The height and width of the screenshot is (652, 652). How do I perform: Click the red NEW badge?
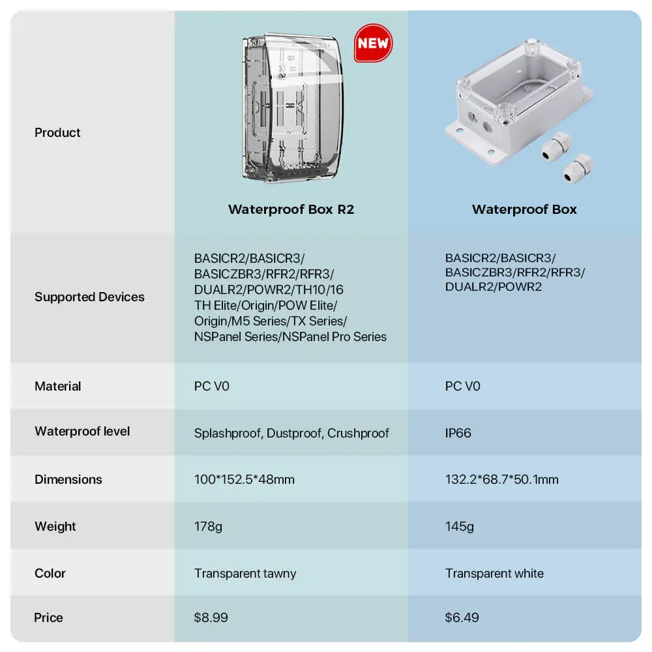pyautogui.click(x=373, y=43)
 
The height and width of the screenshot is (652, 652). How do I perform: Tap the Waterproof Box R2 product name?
pyautogui.click(x=291, y=209)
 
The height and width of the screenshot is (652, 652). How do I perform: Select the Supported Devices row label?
pyautogui.click(x=89, y=297)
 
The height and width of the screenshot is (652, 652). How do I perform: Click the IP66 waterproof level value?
pyautogui.click(x=458, y=434)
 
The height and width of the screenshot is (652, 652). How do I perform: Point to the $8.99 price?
pyautogui.click(x=211, y=617)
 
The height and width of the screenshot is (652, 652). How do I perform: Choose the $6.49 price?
pyautogui.click(x=462, y=617)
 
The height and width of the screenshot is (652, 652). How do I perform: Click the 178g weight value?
pyautogui.click(x=208, y=526)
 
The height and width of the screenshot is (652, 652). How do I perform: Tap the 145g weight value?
pyautogui.click(x=459, y=526)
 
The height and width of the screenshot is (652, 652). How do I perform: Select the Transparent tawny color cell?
pyautogui.click(x=245, y=573)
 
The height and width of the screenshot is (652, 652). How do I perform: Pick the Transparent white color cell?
pyautogui.click(x=494, y=573)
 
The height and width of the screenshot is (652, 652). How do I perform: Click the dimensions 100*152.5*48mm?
pyautogui.click(x=244, y=479)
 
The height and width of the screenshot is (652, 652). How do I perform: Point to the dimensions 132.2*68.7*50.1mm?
pyautogui.click(x=501, y=479)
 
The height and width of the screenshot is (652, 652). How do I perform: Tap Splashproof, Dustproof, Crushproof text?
pyautogui.click(x=291, y=434)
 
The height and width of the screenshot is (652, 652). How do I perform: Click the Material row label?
pyautogui.click(x=58, y=386)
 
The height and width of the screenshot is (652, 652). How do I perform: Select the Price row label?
pyautogui.click(x=48, y=617)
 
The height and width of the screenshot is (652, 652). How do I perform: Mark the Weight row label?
pyautogui.click(x=55, y=526)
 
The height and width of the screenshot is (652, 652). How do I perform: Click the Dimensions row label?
pyautogui.click(x=68, y=479)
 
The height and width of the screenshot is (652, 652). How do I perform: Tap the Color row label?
pyautogui.click(x=50, y=573)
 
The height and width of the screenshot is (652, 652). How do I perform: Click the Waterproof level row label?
pyautogui.click(x=82, y=431)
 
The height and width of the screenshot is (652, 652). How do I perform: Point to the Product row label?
pyautogui.click(x=57, y=132)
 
